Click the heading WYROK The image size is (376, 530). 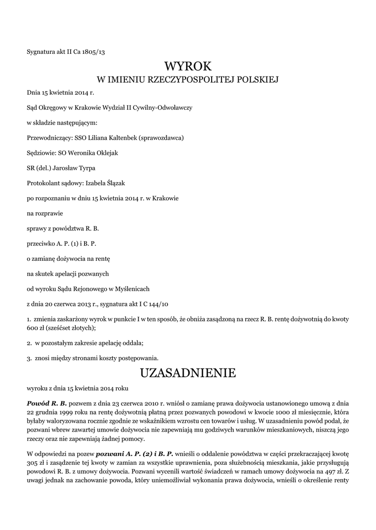[188, 66]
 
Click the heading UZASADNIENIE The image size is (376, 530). [188, 373]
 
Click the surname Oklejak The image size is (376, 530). [106, 153]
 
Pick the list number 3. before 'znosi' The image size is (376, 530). [30, 358]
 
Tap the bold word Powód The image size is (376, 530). [38, 403]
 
